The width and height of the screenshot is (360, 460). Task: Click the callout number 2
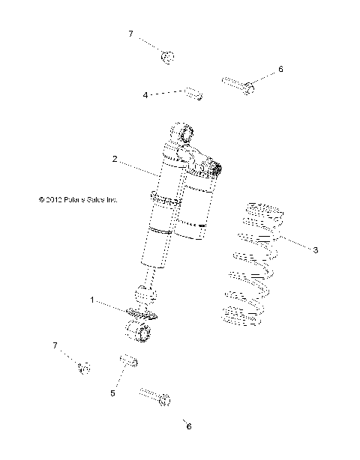(x=115, y=159)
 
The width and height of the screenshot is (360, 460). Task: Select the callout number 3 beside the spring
(x=316, y=249)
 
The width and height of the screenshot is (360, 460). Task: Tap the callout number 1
(x=93, y=300)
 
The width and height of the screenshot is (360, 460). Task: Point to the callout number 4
(x=145, y=95)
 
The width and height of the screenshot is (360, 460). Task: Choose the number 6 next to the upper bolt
(x=280, y=69)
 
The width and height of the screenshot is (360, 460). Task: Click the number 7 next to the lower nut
(x=54, y=344)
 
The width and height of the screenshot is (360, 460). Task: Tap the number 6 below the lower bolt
(x=189, y=426)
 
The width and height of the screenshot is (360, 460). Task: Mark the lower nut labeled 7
(x=84, y=367)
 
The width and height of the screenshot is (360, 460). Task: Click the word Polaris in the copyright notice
(x=75, y=200)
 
